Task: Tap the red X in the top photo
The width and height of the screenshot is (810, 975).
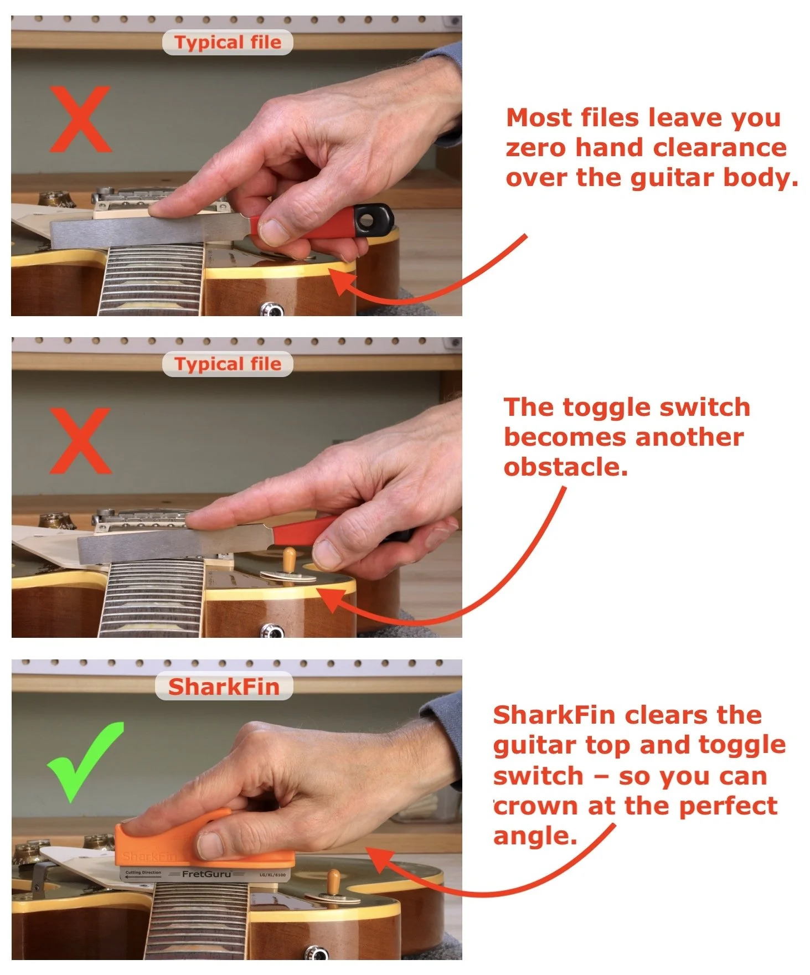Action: pyautogui.click(x=80, y=119)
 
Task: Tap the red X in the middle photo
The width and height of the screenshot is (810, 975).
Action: pyautogui.click(x=80, y=441)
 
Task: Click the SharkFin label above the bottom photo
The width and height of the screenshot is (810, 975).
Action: pyautogui.click(x=224, y=687)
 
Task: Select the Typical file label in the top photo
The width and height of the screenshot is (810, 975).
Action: pyautogui.click(x=227, y=42)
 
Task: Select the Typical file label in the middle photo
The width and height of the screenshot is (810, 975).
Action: pyautogui.click(x=227, y=364)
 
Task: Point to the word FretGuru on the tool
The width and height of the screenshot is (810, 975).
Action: pyautogui.click(x=206, y=874)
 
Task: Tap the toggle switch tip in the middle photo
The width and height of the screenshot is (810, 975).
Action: pyautogui.click(x=288, y=554)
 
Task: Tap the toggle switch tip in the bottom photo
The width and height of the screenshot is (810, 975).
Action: pyautogui.click(x=334, y=876)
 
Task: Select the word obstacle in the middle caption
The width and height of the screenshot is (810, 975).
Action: pyautogui.click(x=565, y=467)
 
